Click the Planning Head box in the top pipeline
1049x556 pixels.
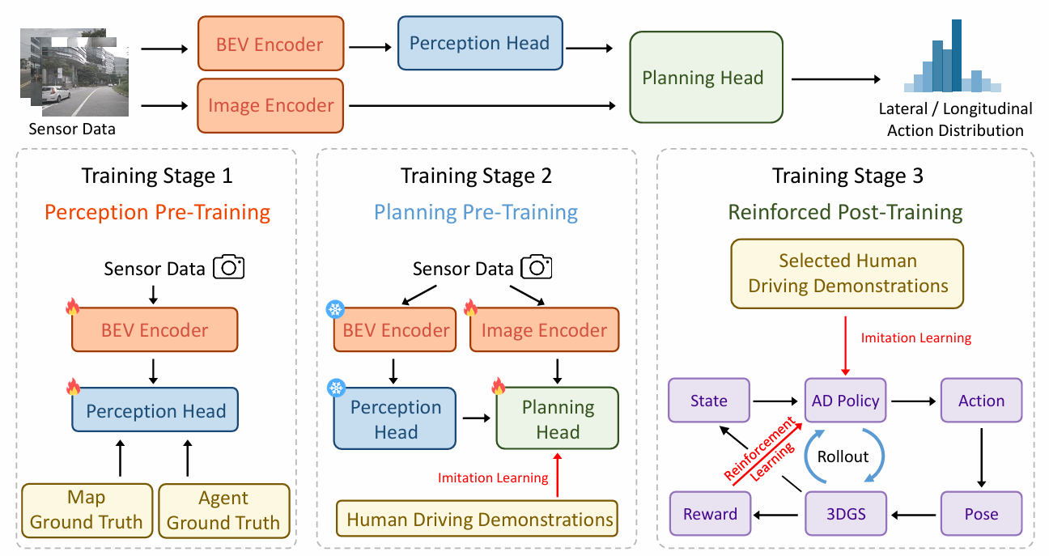pos(706,77)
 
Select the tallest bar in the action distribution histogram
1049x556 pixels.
pos(956,55)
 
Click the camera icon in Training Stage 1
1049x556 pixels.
pos(228,267)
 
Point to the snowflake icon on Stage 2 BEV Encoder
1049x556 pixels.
pos(335,309)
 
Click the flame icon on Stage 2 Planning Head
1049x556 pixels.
pos(499,386)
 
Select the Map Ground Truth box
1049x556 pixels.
pos(87,511)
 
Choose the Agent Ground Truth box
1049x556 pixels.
pos(224,511)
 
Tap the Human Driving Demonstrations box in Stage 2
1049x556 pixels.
pos(477,519)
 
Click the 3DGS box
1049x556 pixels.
pos(845,513)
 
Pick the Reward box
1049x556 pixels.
pos(710,513)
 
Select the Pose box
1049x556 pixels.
pos(981,513)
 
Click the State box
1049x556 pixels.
pos(708,401)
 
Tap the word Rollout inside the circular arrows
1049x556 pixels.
pos(843,456)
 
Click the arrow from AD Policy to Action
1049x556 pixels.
pos(913,401)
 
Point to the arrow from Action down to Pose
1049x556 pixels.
pos(982,457)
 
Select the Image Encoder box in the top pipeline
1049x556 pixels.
pos(270,105)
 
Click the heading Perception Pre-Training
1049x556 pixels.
pos(157,212)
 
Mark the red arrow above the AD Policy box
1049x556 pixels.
pos(845,346)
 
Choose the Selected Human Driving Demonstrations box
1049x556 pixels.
pos(847,274)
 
